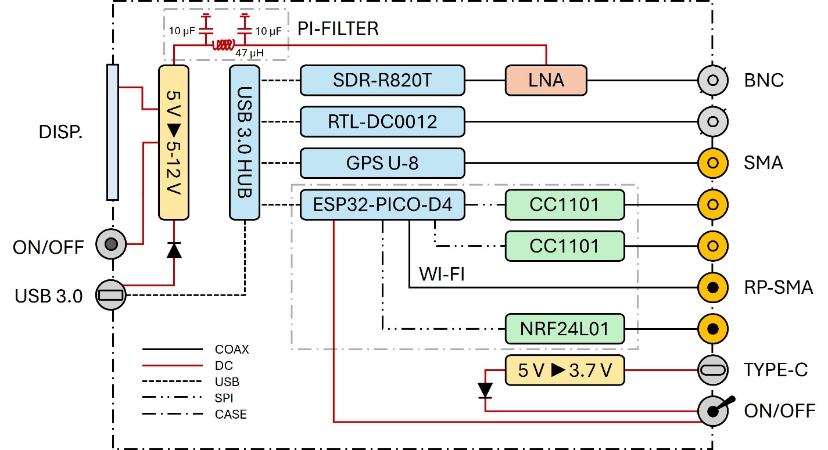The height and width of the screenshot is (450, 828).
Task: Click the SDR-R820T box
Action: (382, 80)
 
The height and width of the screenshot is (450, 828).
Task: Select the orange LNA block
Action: (546, 80)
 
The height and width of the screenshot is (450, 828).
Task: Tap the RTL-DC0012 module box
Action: (382, 121)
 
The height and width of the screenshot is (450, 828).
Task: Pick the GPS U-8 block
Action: (382, 163)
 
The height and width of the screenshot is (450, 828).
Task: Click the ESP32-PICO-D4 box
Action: (382, 204)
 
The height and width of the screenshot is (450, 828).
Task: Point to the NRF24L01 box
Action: (565, 329)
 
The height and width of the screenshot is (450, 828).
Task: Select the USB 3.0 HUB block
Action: (245, 142)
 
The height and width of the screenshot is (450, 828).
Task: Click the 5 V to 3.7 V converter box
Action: (565, 370)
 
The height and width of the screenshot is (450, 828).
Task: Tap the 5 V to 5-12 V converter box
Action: (174, 142)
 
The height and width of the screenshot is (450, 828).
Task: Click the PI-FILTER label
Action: (338, 28)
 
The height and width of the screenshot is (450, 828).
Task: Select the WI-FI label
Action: (441, 272)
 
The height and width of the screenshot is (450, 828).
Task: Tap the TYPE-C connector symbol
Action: (712, 370)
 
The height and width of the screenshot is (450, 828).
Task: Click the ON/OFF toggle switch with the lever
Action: (714, 411)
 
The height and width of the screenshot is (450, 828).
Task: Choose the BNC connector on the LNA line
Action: (712, 80)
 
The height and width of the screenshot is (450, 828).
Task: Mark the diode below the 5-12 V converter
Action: (174, 250)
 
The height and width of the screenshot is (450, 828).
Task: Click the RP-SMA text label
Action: (779, 287)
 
